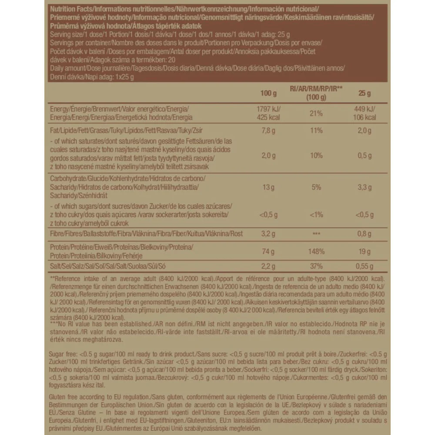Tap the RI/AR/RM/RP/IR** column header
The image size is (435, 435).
316,92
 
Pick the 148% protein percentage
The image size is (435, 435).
316,251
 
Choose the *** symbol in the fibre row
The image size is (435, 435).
316,234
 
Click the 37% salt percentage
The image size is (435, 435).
316,266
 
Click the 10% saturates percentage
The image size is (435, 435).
316,155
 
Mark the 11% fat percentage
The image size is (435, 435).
316,130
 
